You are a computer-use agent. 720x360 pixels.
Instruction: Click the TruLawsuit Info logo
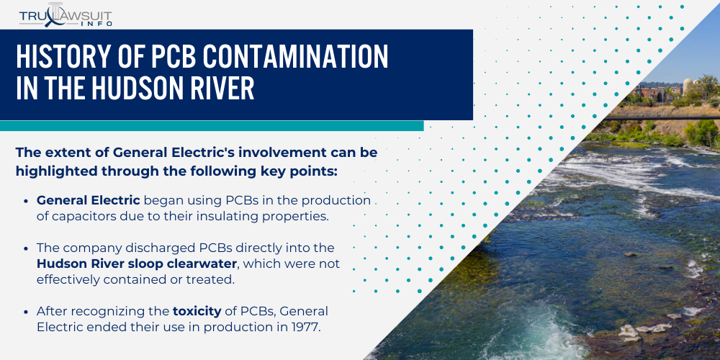(x=66, y=15)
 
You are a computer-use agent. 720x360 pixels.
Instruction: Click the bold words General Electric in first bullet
(x=88, y=200)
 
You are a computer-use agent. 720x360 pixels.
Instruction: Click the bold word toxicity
(x=197, y=311)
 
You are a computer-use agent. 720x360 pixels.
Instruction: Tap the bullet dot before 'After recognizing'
(x=27, y=312)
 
